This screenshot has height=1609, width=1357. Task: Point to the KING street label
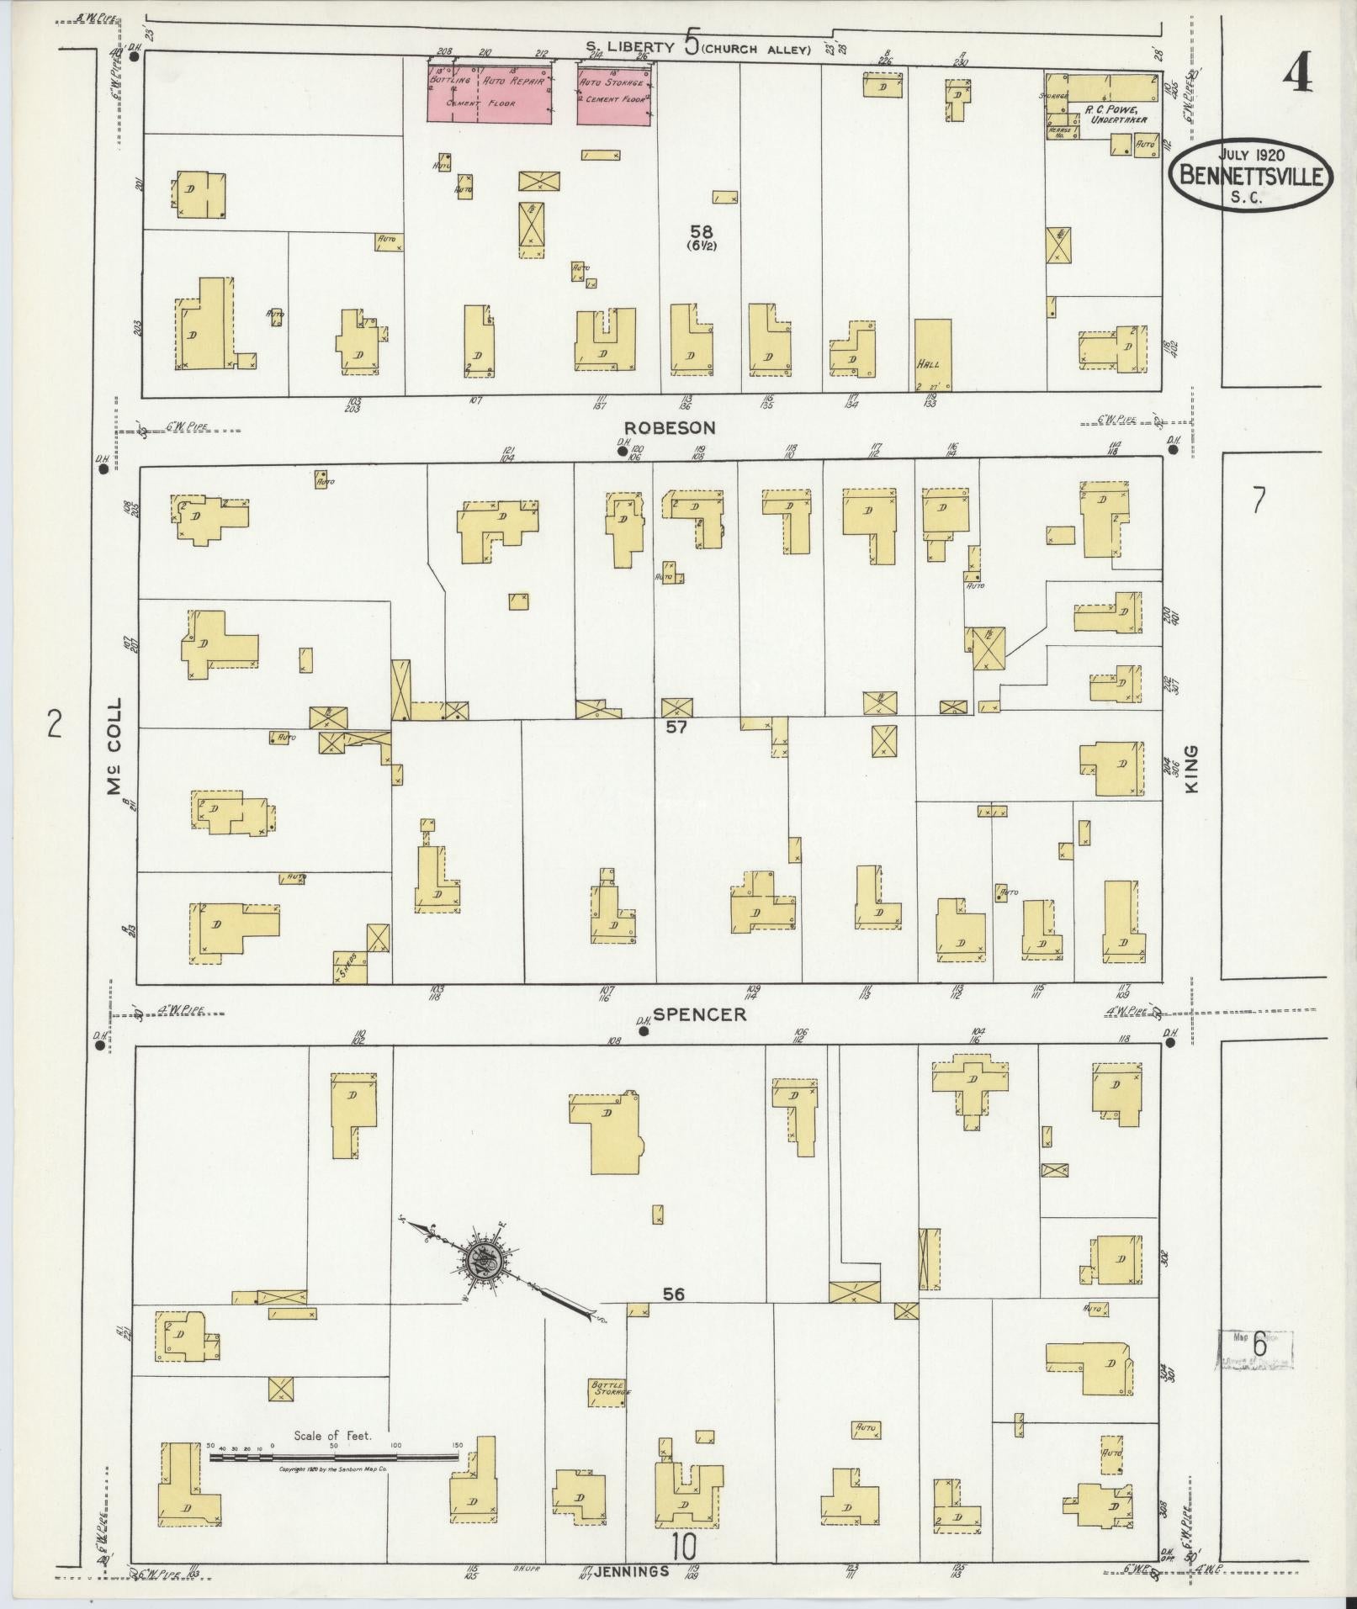pyautogui.click(x=1190, y=768)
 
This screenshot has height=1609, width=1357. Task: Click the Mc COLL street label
pyautogui.click(x=114, y=747)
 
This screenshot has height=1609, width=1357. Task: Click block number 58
pyautogui.click(x=701, y=231)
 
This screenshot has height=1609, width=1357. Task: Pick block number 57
pyautogui.click(x=676, y=727)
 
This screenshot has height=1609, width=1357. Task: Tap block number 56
pyautogui.click(x=673, y=1295)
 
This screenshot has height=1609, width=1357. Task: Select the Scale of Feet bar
pyautogui.click(x=335, y=1455)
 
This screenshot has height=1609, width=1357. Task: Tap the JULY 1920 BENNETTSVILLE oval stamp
pyautogui.click(x=1251, y=175)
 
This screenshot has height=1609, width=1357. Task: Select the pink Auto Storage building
pyautogui.click(x=614, y=95)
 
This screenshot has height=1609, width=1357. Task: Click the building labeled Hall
pyautogui.click(x=933, y=355)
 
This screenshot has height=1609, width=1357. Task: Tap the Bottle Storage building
pyautogui.click(x=608, y=1391)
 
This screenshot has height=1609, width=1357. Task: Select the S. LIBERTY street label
pyautogui.click(x=631, y=48)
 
